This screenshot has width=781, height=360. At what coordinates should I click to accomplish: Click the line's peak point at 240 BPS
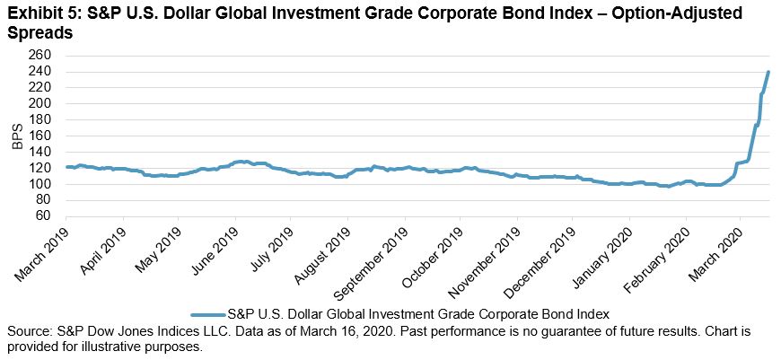(x=768, y=72)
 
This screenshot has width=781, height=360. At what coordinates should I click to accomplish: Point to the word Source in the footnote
(x=28, y=331)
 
